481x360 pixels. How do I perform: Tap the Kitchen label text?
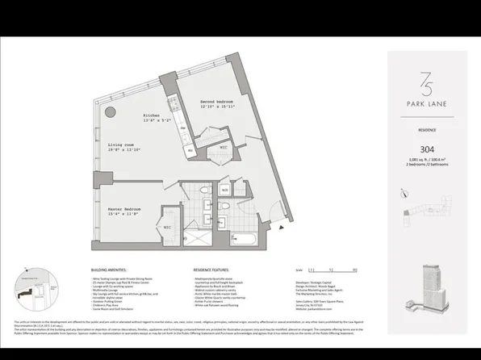pos(153,115)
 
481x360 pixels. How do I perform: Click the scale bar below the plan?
pos(323,270)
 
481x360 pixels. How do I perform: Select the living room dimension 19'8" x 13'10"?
pos(124,151)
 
